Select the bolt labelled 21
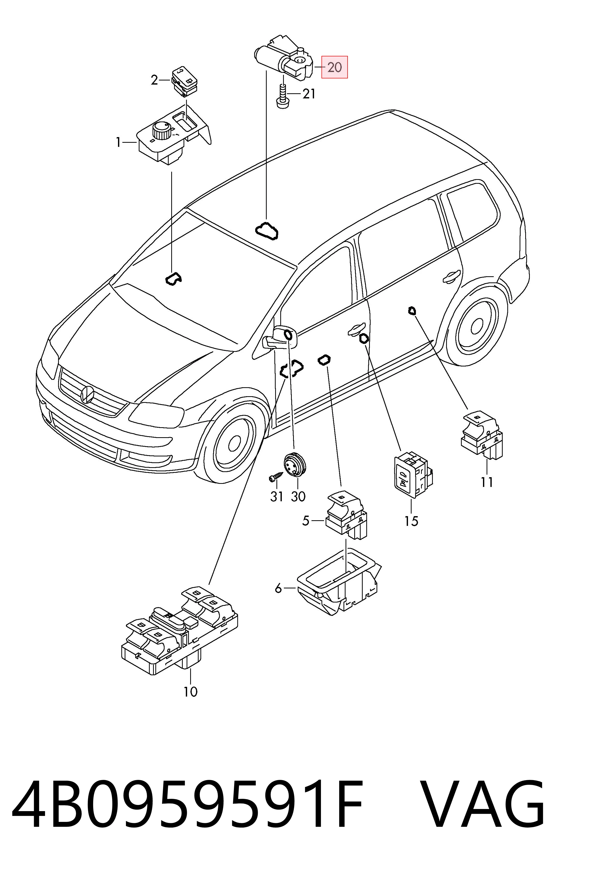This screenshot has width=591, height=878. click(x=282, y=96)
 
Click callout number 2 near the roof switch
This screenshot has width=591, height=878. click(x=154, y=80)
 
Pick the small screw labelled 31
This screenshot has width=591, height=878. click(x=275, y=476)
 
